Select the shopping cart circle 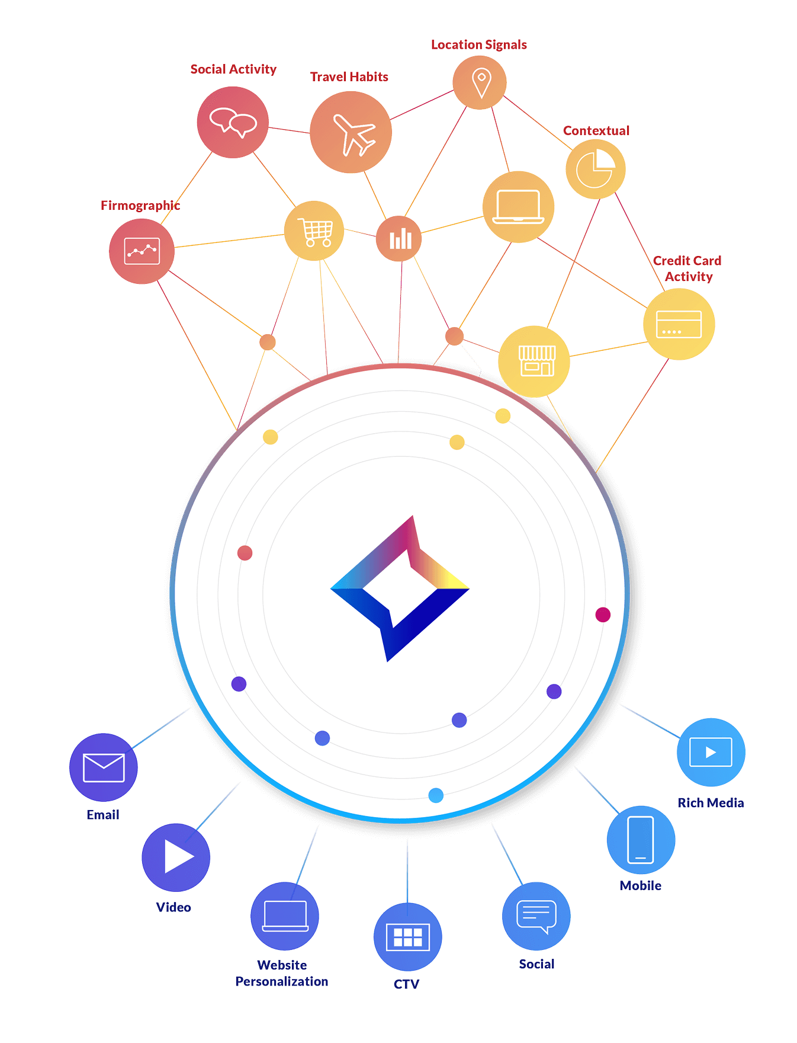click(314, 231)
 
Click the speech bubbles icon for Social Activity click(233, 122)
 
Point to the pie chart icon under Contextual click(595, 169)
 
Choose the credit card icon click(679, 324)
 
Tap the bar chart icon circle click(400, 239)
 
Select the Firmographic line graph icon click(142, 251)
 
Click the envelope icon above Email click(104, 768)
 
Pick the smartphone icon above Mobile click(641, 840)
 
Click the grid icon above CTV click(407, 937)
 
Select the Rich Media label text click(710, 803)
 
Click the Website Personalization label click(282, 973)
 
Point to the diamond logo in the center click(400, 589)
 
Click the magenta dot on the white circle click(603, 615)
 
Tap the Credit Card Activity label click(687, 268)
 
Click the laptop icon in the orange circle click(518, 207)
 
